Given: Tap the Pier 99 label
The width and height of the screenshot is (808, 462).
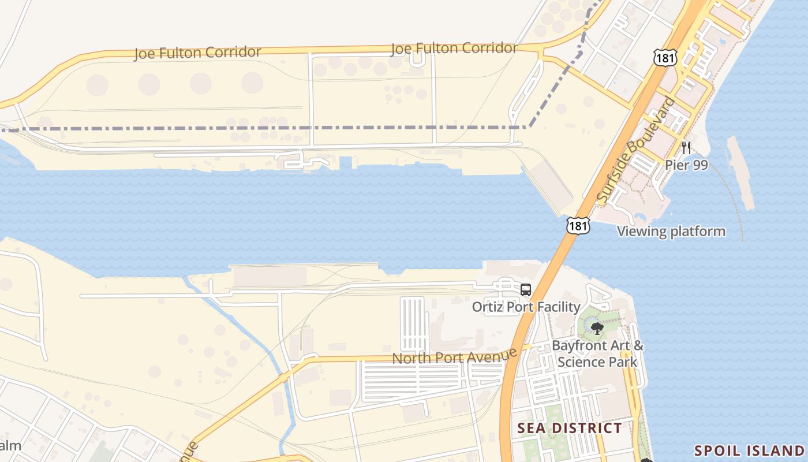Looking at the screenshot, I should [686, 165].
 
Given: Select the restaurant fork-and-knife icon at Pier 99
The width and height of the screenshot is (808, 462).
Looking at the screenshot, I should [686, 147].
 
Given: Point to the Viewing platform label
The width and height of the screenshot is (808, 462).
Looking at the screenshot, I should [671, 232].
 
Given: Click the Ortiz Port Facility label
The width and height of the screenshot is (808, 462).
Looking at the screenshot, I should [526, 307].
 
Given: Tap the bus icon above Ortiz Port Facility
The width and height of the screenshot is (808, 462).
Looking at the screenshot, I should [525, 290].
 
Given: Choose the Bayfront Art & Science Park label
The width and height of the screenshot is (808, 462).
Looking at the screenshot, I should [597, 353].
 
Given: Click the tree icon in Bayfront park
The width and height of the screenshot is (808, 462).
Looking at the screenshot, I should [597, 329].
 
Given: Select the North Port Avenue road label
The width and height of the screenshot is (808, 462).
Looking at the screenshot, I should [454, 355].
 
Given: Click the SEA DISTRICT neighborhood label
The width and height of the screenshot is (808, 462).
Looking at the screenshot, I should [569, 428].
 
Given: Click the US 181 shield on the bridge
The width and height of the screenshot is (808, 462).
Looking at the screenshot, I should [578, 225].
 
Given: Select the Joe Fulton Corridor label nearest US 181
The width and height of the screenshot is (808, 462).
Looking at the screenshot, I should [454, 49].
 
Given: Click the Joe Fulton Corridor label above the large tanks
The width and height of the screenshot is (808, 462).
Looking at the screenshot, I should [197, 53].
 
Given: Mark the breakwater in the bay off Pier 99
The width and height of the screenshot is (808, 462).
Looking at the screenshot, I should [741, 172].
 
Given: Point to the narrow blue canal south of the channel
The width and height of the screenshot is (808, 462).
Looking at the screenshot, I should [242, 329].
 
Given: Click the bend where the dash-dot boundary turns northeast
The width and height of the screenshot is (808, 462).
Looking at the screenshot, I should [529, 126].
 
